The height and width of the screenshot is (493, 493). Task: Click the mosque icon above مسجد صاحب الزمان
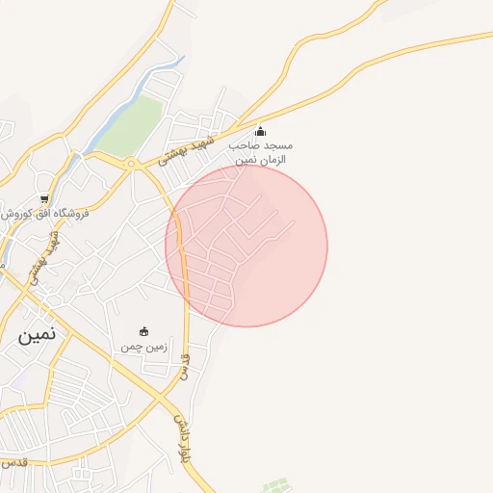pyautogui.click(x=259, y=132)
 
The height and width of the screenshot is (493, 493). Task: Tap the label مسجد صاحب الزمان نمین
pyautogui.click(x=259, y=151)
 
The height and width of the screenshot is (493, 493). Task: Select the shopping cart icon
pyautogui.click(x=44, y=199)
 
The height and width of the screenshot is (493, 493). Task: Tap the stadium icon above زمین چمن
pyautogui.click(x=144, y=331)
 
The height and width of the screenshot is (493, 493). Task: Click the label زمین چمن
pyautogui.click(x=144, y=346)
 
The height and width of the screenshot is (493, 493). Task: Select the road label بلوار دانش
pyautogui.click(x=180, y=439)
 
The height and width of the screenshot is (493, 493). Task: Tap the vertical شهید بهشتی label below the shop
pyautogui.click(x=45, y=254)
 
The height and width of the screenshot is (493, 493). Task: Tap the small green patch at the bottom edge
pyautogui.click(x=276, y=484)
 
